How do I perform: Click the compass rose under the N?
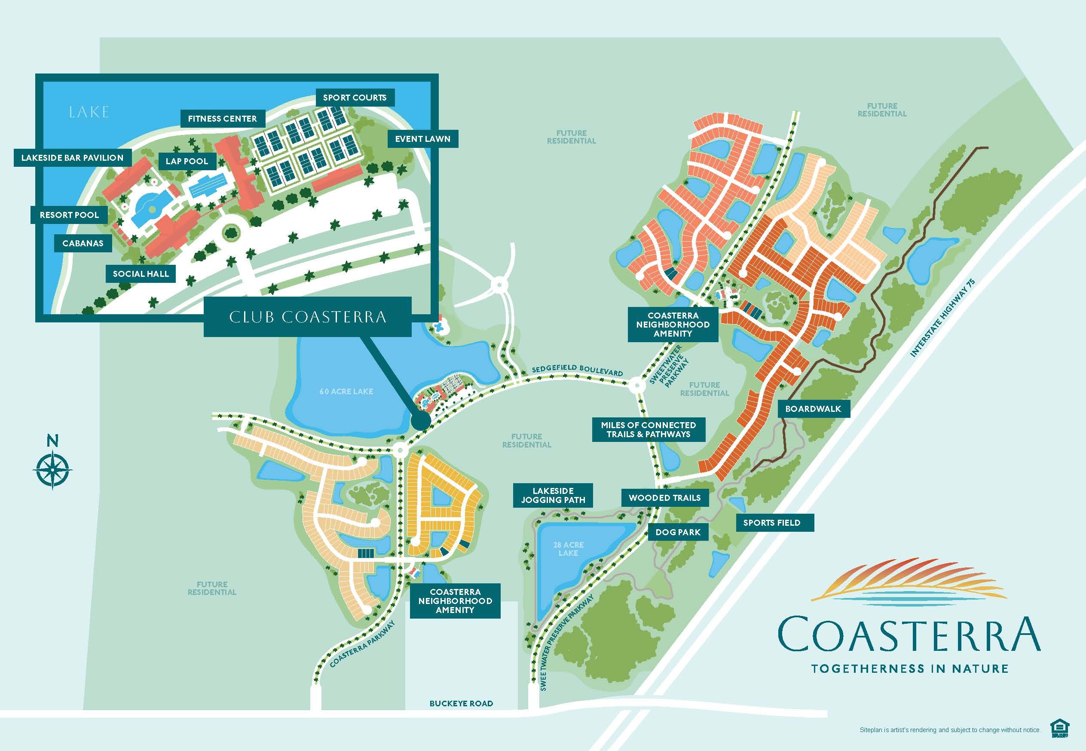pos(53,469)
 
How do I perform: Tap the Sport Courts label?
pos(355,98)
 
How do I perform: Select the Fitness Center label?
pos(223,119)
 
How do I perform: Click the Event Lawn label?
pos(422,139)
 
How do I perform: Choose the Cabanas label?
pos(83,243)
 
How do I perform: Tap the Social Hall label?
pos(141,273)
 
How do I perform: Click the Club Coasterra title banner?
pos(308,317)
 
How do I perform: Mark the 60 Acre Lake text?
pos(346,391)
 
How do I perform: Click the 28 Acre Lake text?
pos(568,549)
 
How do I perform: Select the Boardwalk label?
pos(813,408)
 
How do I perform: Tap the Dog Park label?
pos(678,532)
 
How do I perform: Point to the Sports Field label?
pos(771,523)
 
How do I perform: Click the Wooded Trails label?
pos(664,497)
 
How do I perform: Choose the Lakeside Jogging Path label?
pos(553,495)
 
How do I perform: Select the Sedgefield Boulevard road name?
pos(577,369)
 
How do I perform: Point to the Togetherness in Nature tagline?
pos(910,668)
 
